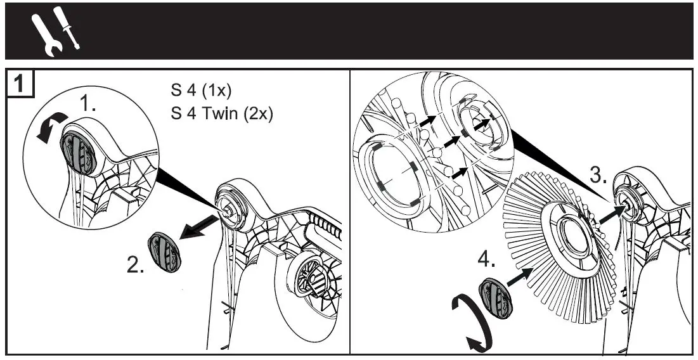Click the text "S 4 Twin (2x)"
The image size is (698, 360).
[x=221, y=115]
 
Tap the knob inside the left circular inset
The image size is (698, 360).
[x=77, y=151]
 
